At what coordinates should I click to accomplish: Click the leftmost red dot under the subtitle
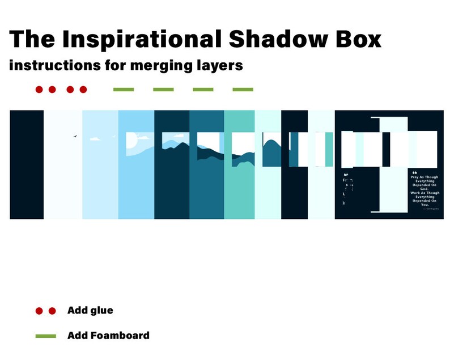pos(39,90)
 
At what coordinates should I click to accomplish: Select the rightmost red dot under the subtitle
pos(83,90)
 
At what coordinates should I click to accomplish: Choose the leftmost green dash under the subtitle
pos(124,90)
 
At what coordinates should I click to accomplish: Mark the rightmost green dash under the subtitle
pos(243,90)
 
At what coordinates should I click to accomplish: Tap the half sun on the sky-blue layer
pos(130,140)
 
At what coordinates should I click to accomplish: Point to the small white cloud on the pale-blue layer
pos(95,138)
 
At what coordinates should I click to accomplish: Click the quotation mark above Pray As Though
pos(414,172)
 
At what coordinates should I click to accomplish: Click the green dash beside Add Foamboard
pos(45,336)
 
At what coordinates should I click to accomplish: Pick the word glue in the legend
pos(101,311)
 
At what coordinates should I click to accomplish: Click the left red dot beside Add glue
pos(39,311)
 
